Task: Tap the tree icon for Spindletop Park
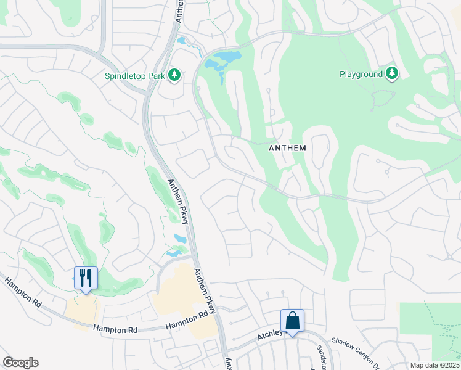175,75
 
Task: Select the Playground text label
361,74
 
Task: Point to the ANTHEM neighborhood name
288,149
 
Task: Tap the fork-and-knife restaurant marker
86,277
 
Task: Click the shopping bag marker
292,321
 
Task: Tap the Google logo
20,363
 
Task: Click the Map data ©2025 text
434,365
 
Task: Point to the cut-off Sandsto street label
322,356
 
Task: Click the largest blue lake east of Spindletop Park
222,59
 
